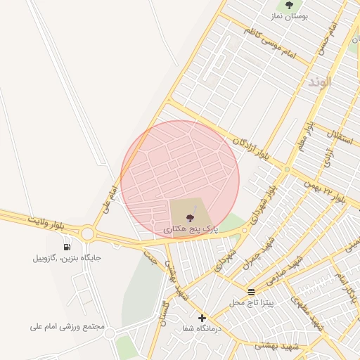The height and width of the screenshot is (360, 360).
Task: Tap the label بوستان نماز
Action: point(288,16)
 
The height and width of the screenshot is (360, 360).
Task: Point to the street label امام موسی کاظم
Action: point(271,44)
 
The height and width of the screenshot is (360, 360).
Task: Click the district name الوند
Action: point(319,82)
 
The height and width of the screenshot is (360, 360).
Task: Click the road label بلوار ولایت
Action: point(49,222)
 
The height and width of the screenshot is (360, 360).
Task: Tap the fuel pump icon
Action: point(67,246)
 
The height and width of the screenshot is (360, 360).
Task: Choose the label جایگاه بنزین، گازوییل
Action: point(67,257)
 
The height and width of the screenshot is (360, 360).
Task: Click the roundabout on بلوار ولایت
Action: point(87,233)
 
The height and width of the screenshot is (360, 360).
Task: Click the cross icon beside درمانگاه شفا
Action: point(202,318)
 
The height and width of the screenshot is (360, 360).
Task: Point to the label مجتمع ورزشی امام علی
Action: point(67,327)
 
